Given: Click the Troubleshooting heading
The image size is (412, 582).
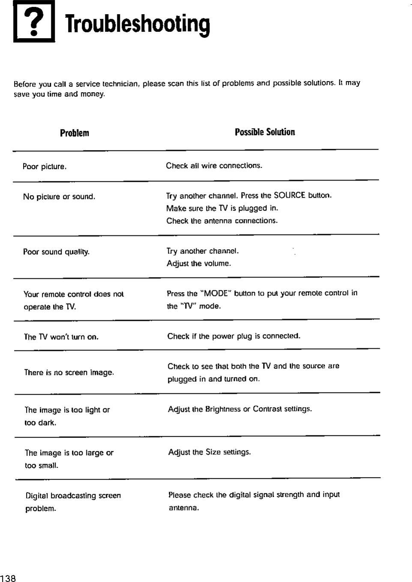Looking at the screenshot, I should tap(137, 25).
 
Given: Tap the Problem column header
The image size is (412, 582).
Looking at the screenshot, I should tap(75, 133).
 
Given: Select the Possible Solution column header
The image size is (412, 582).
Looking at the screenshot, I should tap(265, 132).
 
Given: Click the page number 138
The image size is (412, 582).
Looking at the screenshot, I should tap(8, 578).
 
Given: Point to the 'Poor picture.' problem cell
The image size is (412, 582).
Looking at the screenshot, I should tap(45, 166).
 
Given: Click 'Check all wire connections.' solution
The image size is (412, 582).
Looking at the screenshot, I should tap(214, 166).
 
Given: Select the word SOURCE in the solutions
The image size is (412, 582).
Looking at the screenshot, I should tap(289, 196).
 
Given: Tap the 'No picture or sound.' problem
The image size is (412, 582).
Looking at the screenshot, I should tap(59, 197).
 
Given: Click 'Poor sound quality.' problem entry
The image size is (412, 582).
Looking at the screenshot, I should tap(57, 252).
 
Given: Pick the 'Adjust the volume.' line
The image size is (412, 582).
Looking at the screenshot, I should tap(199, 263).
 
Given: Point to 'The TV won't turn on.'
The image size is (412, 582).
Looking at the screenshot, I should tap(61, 337).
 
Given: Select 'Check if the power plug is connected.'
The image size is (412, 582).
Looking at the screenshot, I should tap(234, 336).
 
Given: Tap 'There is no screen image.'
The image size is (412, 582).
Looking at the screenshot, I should tap(69, 373).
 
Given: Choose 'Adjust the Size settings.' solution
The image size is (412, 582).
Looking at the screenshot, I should tap(209, 452).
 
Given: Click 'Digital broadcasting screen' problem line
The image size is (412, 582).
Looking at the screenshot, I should tap(73, 496).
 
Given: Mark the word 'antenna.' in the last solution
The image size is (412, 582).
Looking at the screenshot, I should tap(184, 508).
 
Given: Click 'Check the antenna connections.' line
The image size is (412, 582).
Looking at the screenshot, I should tap(222, 221).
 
